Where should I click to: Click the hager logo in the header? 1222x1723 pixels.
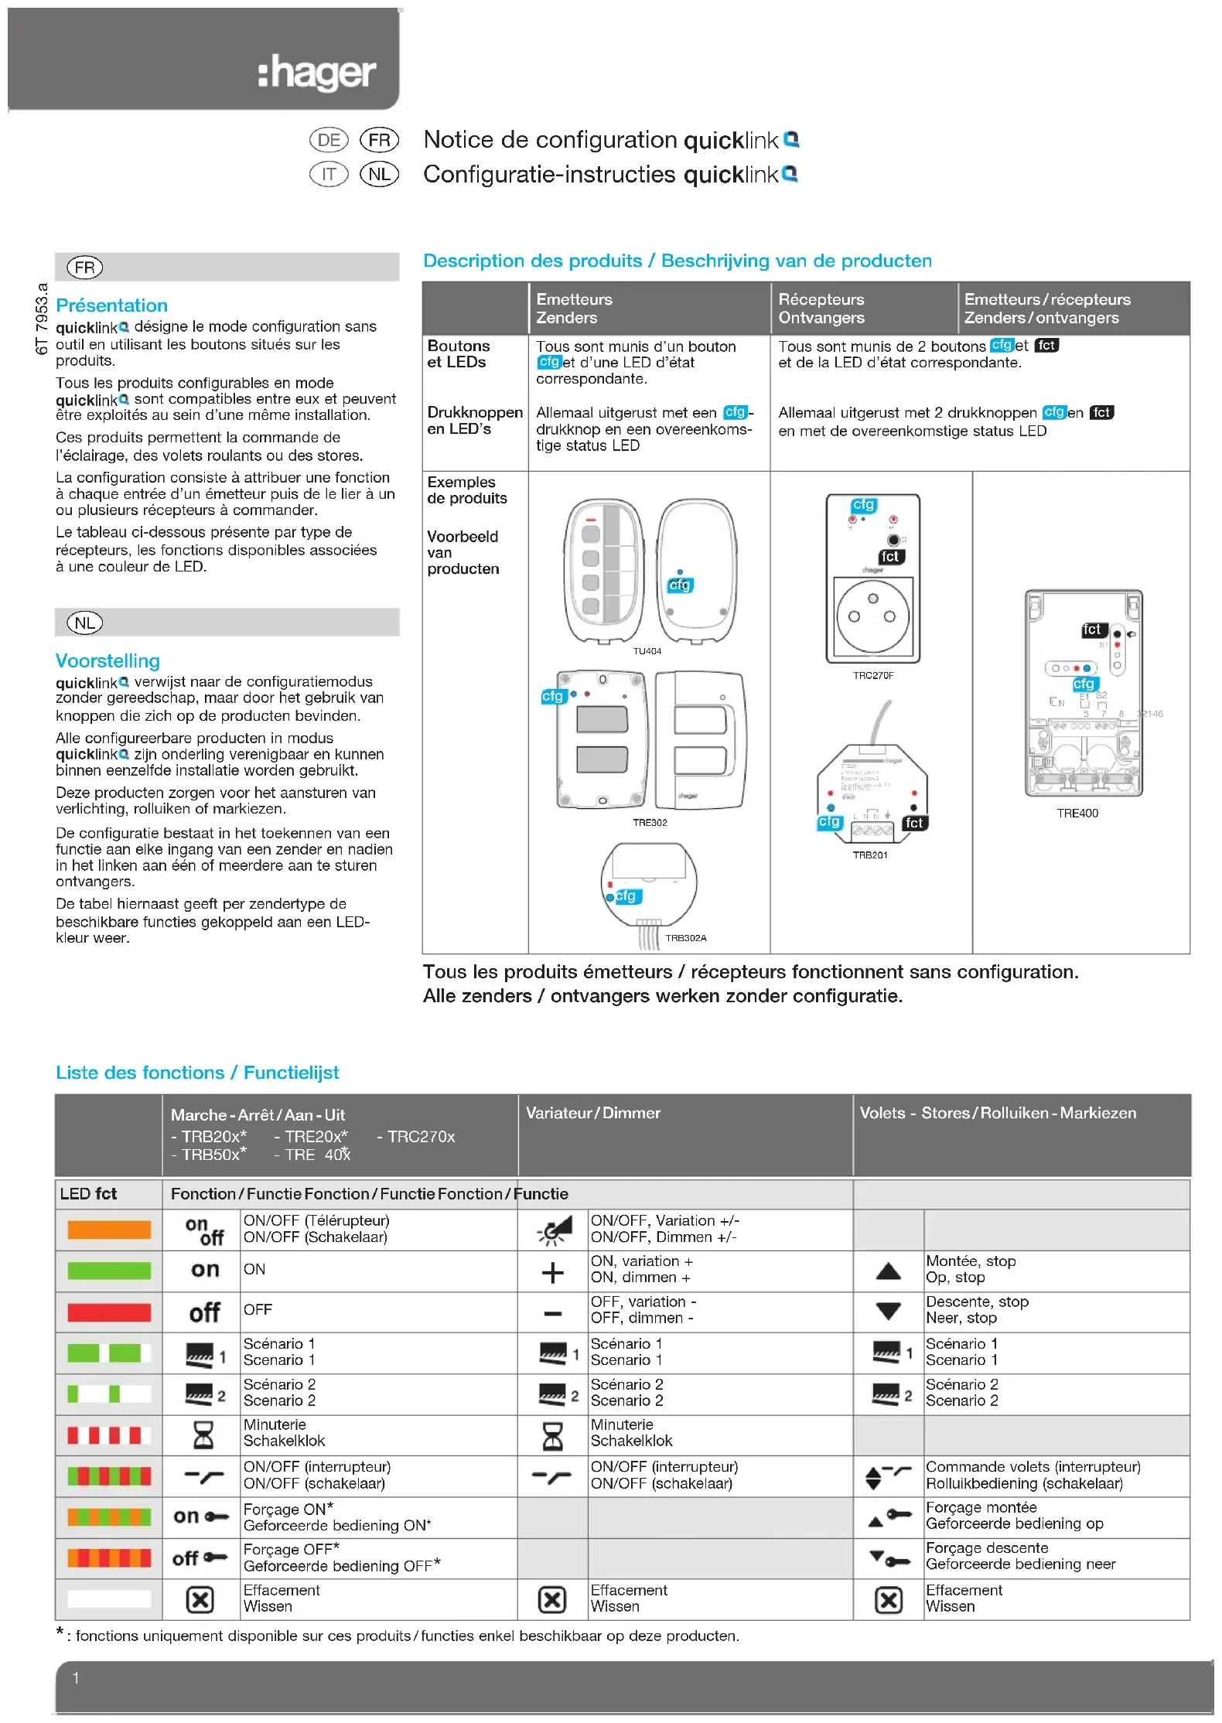click(x=317, y=74)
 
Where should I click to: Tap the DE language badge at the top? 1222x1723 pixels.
click(x=329, y=140)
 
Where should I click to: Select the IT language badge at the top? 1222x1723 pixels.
click(x=329, y=174)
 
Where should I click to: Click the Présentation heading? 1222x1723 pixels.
click(x=112, y=305)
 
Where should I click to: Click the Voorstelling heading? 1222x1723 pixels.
click(x=108, y=661)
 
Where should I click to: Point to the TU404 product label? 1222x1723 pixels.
click(x=647, y=651)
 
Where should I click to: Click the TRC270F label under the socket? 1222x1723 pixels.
click(x=873, y=675)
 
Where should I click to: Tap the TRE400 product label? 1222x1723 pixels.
click(x=1077, y=813)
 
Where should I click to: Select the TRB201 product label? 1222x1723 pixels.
click(x=870, y=855)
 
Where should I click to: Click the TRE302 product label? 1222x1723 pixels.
click(x=650, y=823)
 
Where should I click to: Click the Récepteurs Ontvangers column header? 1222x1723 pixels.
click(x=821, y=309)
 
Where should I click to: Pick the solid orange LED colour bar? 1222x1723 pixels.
click(x=109, y=1230)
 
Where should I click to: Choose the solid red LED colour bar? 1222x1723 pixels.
click(x=109, y=1312)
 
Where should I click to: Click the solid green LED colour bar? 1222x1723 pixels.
click(x=109, y=1271)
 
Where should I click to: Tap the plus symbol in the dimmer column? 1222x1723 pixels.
click(x=552, y=1272)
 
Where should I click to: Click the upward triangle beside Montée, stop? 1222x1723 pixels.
click(x=889, y=1271)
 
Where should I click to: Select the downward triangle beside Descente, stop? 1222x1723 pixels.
click(x=889, y=1312)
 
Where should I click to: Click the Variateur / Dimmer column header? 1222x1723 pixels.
click(x=593, y=1113)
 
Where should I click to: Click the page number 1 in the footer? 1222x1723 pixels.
click(x=76, y=1678)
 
